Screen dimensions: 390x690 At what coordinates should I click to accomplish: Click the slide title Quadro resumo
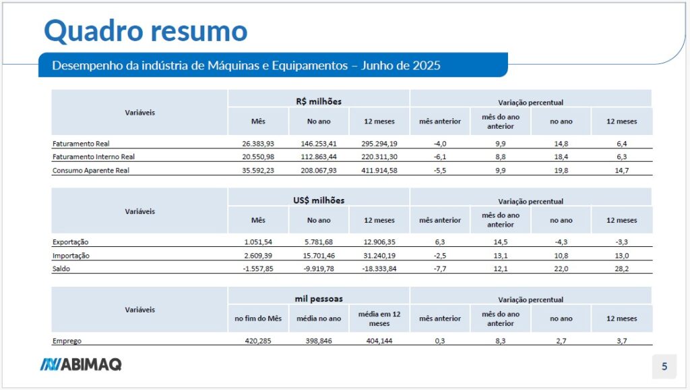point(146,30)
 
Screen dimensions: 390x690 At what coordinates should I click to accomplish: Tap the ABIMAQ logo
point(80,365)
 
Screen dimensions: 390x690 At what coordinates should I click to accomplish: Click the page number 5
point(664,367)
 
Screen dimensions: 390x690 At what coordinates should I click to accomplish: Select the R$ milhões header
point(318,101)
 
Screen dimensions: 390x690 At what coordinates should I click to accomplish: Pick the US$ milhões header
point(319,200)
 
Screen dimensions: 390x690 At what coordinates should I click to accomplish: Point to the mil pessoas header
point(319,299)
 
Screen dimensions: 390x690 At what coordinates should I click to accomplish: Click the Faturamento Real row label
point(80,144)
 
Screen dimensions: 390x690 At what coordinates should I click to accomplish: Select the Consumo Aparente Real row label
point(90,171)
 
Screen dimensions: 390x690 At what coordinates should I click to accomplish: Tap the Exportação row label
point(70,242)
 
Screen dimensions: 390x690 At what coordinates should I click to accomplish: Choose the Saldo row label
point(62,269)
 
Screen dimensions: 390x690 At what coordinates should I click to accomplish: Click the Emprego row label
point(67,341)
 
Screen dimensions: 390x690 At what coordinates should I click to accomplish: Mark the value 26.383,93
point(258,144)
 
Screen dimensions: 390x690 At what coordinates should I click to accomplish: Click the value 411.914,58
point(379,171)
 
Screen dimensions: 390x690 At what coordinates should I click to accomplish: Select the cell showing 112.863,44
point(319,157)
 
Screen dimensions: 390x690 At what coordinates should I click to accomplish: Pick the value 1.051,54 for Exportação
point(258,242)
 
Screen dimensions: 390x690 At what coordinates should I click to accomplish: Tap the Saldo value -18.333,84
point(379,269)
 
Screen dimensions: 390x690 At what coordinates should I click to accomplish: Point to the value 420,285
point(258,341)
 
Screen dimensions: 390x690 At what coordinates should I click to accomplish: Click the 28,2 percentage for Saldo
point(621,269)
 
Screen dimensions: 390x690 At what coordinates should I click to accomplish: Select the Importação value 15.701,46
point(319,256)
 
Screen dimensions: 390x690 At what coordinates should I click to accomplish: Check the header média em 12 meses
point(379,318)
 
